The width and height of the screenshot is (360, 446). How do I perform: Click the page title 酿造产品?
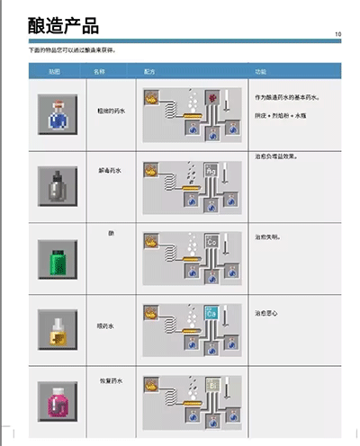[x=63, y=25]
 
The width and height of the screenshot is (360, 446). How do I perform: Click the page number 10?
[x=337, y=35]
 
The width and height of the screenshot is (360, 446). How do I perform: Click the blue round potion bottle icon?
[x=58, y=114]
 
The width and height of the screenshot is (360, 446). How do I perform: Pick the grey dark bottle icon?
[x=58, y=185]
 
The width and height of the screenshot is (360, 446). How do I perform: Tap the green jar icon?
[x=58, y=258]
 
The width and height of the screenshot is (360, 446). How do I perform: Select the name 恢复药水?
[x=111, y=380]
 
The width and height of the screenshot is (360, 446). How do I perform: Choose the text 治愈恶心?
[x=266, y=313]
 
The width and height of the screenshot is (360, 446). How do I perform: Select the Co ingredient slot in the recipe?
[x=211, y=241]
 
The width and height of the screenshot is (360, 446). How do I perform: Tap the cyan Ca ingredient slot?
[x=211, y=314]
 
